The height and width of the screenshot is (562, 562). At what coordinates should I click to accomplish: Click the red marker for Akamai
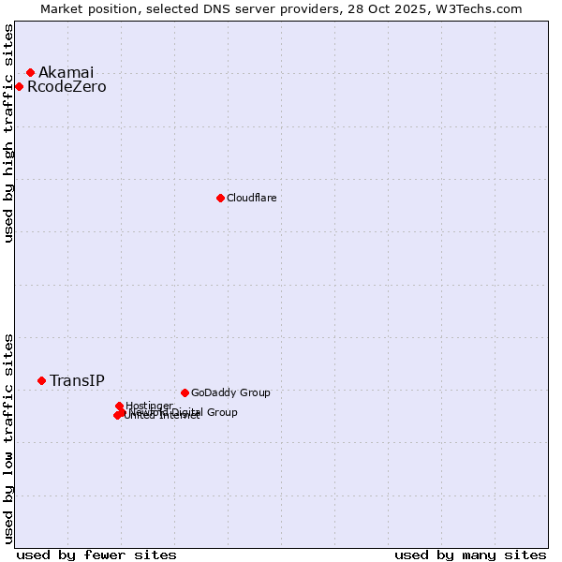(x=30, y=72)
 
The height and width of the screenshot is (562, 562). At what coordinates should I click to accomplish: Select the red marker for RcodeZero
(x=19, y=87)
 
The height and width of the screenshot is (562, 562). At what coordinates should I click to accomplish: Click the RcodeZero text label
(x=67, y=87)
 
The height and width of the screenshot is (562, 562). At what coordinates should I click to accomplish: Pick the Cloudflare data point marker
(x=220, y=198)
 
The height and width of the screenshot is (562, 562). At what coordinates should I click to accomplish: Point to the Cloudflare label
(x=251, y=198)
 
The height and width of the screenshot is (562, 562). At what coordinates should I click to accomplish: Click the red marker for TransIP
(x=41, y=380)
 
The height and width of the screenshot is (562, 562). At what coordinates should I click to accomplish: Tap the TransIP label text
(x=77, y=380)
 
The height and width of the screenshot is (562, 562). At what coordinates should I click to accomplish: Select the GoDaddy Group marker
(x=185, y=392)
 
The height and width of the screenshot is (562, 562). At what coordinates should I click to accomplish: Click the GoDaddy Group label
(x=229, y=392)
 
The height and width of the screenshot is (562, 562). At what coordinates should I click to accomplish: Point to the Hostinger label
(x=149, y=406)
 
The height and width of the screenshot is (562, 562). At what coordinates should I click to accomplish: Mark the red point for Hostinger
(x=120, y=406)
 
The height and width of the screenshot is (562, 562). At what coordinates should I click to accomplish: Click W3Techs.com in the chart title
(x=483, y=8)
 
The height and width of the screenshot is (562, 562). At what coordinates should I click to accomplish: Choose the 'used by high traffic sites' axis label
(x=8, y=133)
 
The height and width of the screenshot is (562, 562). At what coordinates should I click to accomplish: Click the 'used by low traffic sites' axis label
(x=8, y=438)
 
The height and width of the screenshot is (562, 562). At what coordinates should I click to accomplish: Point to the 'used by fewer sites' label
(x=96, y=555)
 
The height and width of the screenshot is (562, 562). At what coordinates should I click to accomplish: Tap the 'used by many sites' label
(x=470, y=555)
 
